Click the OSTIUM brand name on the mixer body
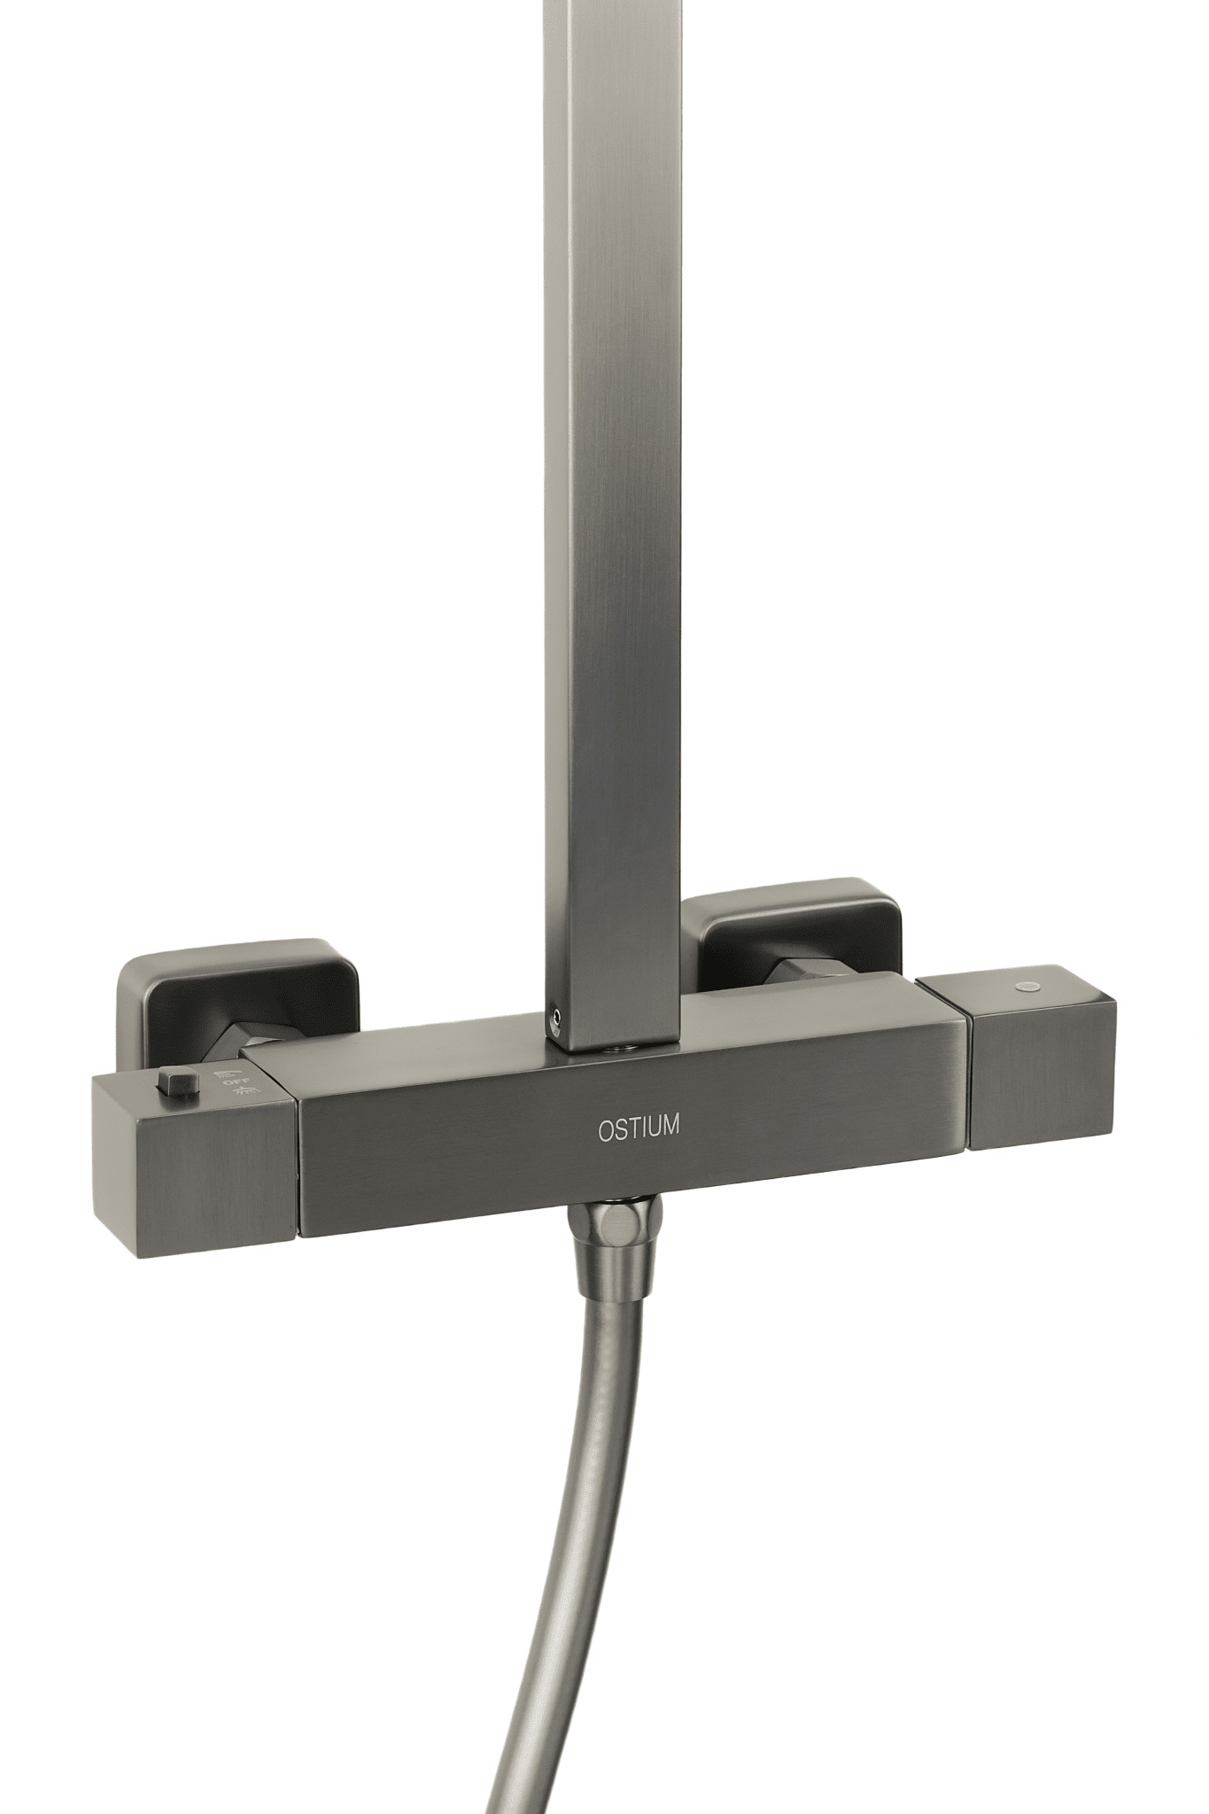pos(639,1128)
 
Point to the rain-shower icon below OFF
pos(236,1097)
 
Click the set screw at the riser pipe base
pos(554,1019)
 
